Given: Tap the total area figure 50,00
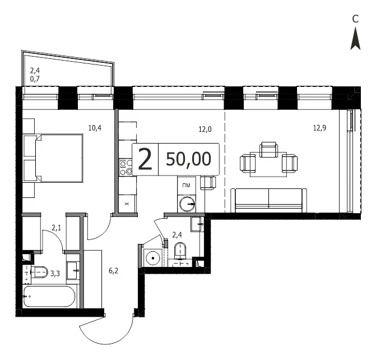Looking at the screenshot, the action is [x=188, y=159].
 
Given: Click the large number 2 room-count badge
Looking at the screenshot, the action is [x=145, y=159].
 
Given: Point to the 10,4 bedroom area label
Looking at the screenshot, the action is [x=95, y=128].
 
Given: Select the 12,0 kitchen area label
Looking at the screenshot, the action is [x=205, y=130].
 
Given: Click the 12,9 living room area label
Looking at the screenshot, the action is [x=319, y=128].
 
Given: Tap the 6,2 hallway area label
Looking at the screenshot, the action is [x=113, y=271].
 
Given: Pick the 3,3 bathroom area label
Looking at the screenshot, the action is [x=55, y=273].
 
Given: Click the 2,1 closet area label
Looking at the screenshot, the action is [x=57, y=228].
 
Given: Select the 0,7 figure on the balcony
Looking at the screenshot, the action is [x=35, y=79].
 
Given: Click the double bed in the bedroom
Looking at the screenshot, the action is [x=59, y=158].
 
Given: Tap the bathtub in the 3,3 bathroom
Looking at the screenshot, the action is [x=49, y=297].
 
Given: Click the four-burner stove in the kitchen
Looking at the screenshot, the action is [x=127, y=167].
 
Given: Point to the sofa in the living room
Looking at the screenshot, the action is [x=268, y=200].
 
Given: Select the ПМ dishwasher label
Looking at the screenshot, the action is [x=187, y=185].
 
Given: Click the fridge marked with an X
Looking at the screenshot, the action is [x=127, y=204].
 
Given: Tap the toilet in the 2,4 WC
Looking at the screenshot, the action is [x=180, y=250].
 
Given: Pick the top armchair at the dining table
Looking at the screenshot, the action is [x=269, y=150].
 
